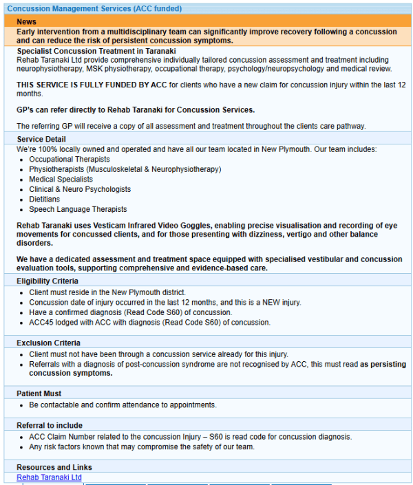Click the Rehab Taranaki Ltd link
coord(49,477)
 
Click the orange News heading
coord(27,22)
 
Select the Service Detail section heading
coord(41,139)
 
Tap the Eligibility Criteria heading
coord(47,281)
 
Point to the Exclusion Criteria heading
coord(48,343)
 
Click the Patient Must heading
coord(39,394)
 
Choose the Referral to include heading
coord(50,425)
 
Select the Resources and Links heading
coord(54,468)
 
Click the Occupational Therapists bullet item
coord(69,160)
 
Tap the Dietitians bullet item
coord(44,200)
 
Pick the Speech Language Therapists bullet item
coord(78,209)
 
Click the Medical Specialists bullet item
coord(61,180)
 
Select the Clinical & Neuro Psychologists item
coord(79,189)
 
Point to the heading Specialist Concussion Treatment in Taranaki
coord(96,51)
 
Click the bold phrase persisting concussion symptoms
coord(70,374)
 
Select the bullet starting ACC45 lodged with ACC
coord(149,323)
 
